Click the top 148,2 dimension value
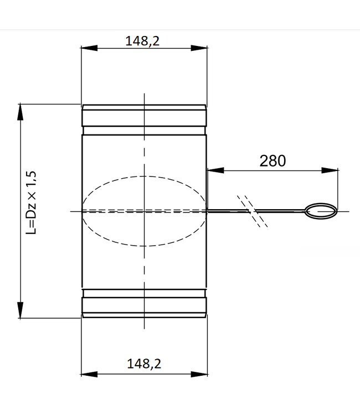143,41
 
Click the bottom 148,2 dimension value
143,363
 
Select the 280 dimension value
272,160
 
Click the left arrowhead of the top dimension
85,49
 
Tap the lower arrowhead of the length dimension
20,312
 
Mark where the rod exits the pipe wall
207,211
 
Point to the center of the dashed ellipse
143,211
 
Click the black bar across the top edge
180,14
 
